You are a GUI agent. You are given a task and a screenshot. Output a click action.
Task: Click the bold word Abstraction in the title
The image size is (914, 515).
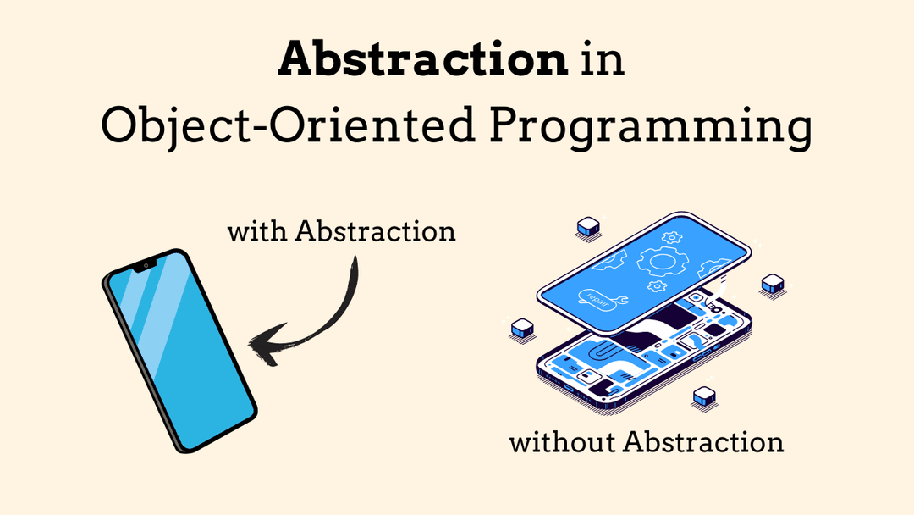(422, 61)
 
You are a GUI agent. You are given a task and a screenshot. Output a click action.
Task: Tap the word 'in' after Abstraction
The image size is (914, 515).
(602, 61)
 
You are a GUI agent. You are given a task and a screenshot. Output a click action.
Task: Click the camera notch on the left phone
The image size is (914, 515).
(145, 266)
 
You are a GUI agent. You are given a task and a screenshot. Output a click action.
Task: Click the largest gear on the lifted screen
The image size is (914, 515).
(661, 261)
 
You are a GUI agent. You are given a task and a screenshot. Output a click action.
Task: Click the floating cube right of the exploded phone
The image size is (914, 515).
(773, 285)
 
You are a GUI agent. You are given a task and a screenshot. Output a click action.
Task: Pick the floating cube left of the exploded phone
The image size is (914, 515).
(522, 328)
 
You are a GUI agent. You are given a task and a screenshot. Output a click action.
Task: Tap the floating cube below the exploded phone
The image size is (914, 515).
(703, 396)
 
